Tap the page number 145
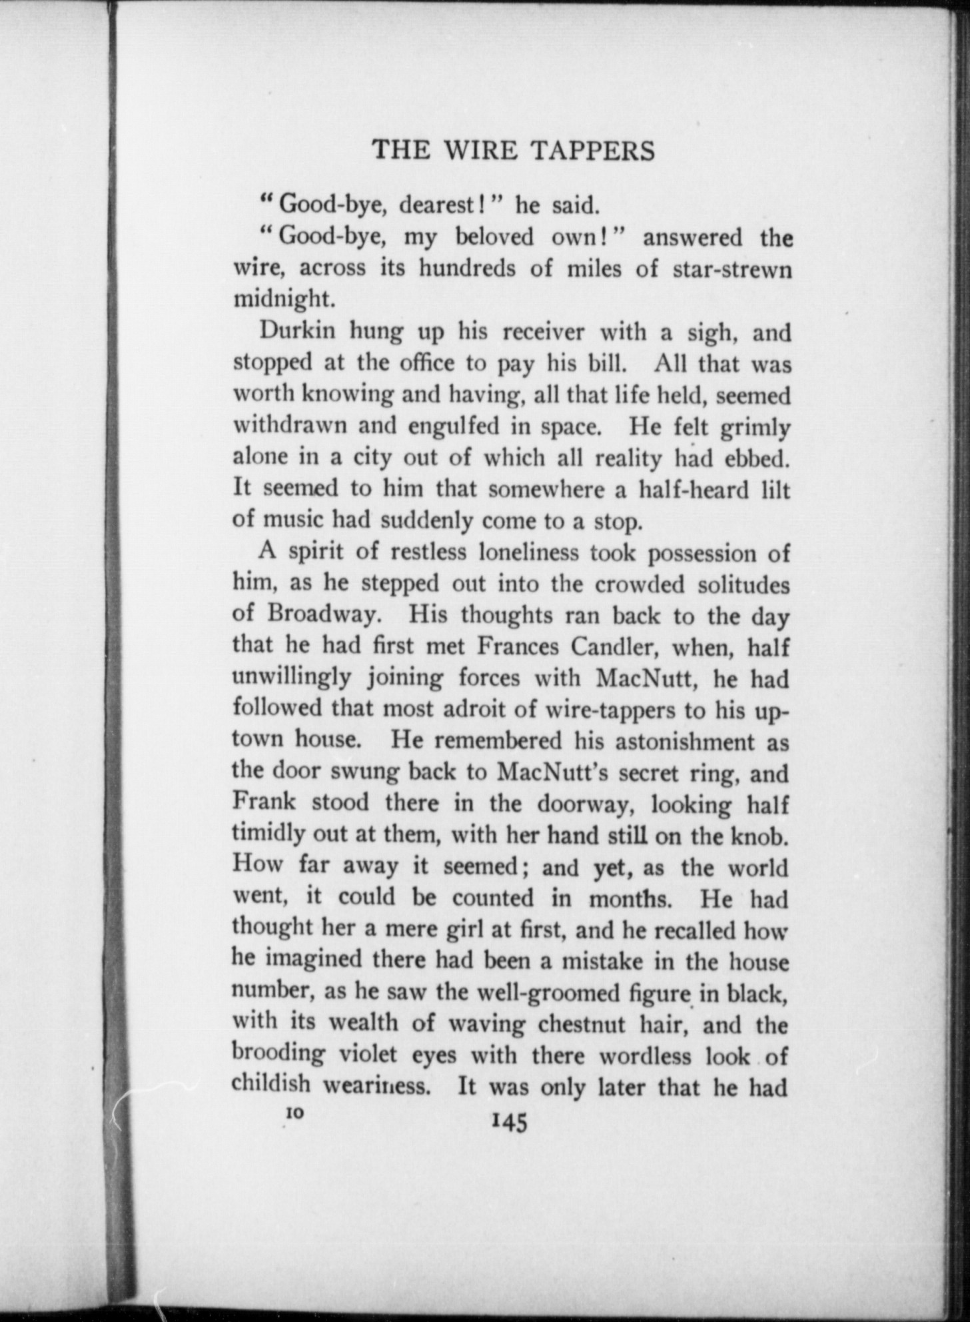point(509,1123)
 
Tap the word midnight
point(281,299)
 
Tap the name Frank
point(264,802)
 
